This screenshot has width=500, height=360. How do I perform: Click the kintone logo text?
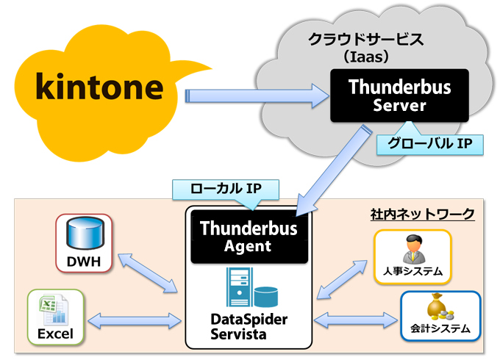pos(99,87)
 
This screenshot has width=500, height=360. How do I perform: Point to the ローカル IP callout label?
pos(226,190)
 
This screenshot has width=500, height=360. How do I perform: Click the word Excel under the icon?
pos(56,334)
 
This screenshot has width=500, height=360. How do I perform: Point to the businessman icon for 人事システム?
pos(412,248)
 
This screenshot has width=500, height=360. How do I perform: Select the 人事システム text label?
pos(413,271)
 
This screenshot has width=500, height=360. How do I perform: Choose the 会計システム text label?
pos(440,328)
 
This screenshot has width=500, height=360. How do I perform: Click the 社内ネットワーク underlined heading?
pos(423,213)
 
